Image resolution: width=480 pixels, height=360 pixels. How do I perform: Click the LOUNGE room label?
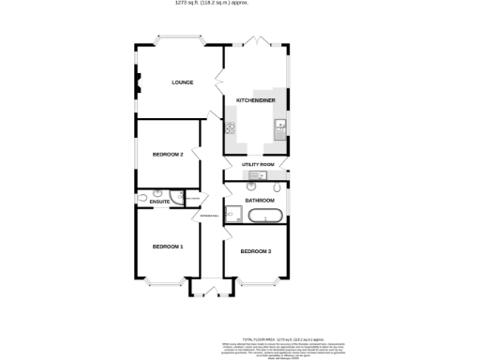click(182, 82)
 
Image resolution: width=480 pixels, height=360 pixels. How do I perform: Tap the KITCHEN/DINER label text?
click(255, 99)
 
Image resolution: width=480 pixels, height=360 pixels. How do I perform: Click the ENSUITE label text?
click(158, 202)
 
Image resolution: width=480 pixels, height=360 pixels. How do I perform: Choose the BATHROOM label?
click(260, 201)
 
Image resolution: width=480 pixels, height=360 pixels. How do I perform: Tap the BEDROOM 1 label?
click(168, 247)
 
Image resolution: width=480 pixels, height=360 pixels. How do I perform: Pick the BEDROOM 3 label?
click(255, 252)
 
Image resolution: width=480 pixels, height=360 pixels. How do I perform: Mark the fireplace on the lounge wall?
click(139, 83)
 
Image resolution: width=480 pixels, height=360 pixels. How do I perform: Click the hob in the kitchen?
click(230, 128)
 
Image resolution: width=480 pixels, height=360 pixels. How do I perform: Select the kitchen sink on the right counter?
click(279, 127)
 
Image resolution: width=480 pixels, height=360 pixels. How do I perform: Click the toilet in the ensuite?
click(142, 199)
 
